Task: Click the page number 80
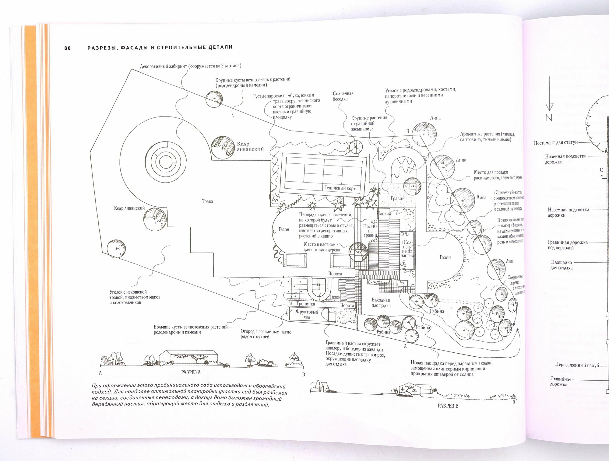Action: pos(67,48)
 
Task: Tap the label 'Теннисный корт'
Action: pos(340,188)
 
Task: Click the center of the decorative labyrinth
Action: pos(166,160)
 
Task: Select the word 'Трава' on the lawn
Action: pos(207,201)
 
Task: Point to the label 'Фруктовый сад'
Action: pos(307,314)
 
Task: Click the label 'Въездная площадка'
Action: pos(381,302)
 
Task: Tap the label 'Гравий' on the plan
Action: pos(397,198)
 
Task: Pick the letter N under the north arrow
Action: pos(549,117)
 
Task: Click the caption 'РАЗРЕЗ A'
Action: pos(191,372)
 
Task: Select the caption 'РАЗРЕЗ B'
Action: pos(448,406)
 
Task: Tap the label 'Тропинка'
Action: pos(306,304)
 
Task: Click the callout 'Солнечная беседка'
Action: pos(343,96)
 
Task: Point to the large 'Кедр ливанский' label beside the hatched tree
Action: pos(250,146)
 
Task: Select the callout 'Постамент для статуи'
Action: pos(555,142)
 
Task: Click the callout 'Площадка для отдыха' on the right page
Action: pos(561,265)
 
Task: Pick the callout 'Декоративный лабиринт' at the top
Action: pos(191,66)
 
